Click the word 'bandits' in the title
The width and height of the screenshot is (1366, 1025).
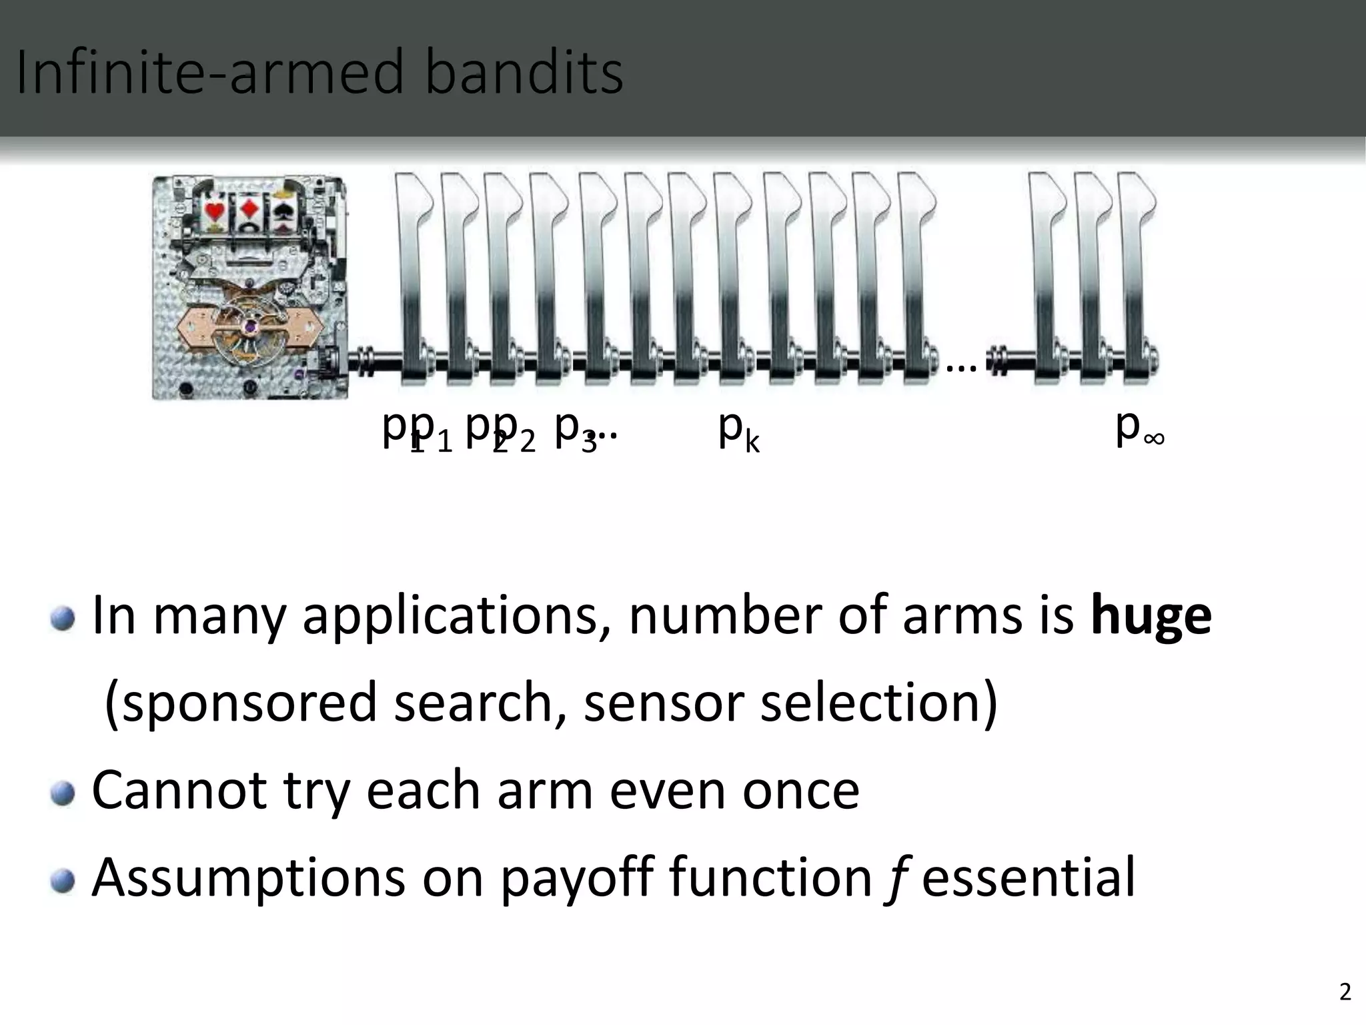[524, 72]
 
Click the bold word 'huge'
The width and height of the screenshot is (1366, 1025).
[1151, 616]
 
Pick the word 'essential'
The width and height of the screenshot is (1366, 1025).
[1028, 877]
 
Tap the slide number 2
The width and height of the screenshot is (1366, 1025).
[1345, 993]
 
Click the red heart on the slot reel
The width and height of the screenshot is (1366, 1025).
[214, 212]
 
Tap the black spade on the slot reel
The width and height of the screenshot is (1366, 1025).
[280, 212]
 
